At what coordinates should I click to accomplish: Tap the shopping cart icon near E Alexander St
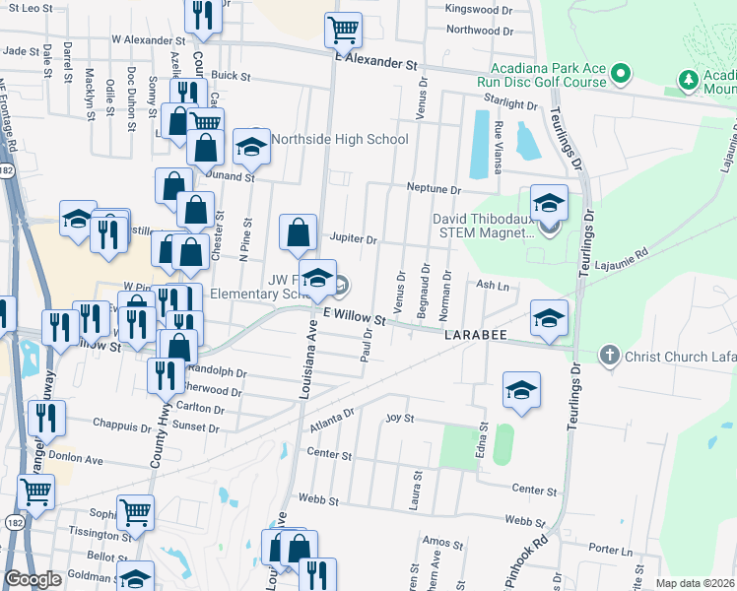coord(343,30)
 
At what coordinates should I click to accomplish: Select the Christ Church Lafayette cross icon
coord(610,355)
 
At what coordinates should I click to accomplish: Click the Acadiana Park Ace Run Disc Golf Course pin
coord(621,73)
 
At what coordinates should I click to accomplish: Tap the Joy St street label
coord(398,418)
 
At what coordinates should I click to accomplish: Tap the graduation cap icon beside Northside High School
coord(251,147)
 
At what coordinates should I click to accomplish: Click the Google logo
coord(33,579)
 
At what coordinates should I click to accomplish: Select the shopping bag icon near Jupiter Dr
coord(298,233)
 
